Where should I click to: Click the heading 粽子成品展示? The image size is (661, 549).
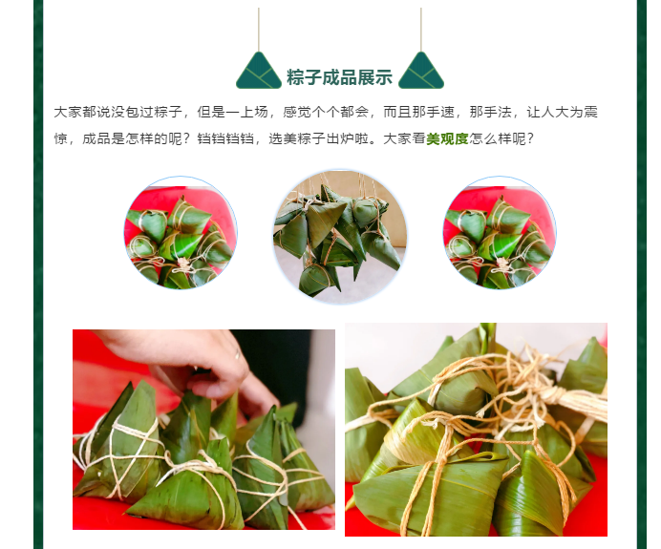pos(339,77)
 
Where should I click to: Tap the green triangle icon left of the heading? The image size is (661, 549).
pos(259,71)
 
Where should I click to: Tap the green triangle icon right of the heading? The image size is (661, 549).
pos(421,71)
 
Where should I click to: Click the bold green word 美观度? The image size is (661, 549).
pos(447,138)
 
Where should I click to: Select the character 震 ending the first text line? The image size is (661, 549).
pos(590,112)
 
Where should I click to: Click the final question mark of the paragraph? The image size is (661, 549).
pos(530,138)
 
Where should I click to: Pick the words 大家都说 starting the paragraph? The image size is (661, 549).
pos(82,112)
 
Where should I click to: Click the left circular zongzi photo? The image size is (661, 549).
pos(181,233)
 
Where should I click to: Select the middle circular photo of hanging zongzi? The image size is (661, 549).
pos(340,237)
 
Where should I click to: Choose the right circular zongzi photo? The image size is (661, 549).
pos(500,233)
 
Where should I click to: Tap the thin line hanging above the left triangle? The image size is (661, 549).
pos(259,30)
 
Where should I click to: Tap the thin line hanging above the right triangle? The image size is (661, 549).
pos(421,30)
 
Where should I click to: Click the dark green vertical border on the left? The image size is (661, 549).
pos(38,274)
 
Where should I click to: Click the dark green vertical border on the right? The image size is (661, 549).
pos(642,274)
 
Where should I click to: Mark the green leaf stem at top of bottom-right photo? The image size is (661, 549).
pos(488,337)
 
